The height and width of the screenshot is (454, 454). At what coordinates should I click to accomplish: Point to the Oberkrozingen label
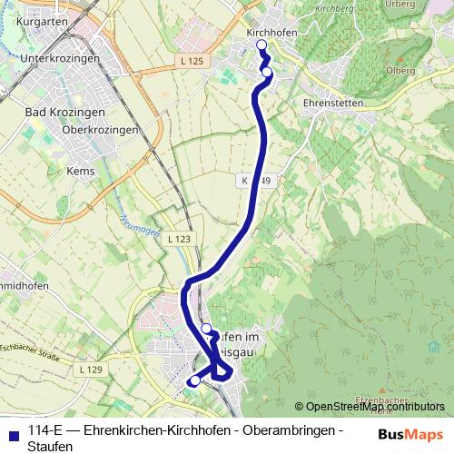tap(100, 130)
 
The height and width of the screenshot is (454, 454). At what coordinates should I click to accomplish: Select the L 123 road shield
tap(178, 239)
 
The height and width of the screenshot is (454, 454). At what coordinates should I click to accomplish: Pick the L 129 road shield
tap(90, 370)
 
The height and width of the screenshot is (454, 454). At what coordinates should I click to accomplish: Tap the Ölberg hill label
tap(400, 70)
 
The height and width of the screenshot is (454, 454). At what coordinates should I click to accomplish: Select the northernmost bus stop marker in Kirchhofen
tap(262, 45)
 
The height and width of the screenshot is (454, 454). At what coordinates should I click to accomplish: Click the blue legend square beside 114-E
tap(12, 430)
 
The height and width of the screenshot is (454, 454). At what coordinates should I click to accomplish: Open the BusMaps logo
tap(410, 433)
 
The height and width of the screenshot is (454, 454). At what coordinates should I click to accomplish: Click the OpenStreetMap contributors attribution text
tap(373, 406)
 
